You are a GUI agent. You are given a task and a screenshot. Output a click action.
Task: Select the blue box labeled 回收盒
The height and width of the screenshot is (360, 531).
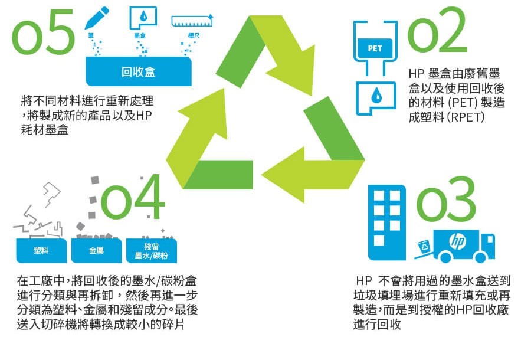pyautogui.click(x=139, y=72)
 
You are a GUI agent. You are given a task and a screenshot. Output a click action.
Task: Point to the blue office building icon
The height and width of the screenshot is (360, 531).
pyautogui.click(x=387, y=222)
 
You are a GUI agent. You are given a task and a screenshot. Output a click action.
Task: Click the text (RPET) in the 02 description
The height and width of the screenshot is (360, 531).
pyautogui.click(x=466, y=117)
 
